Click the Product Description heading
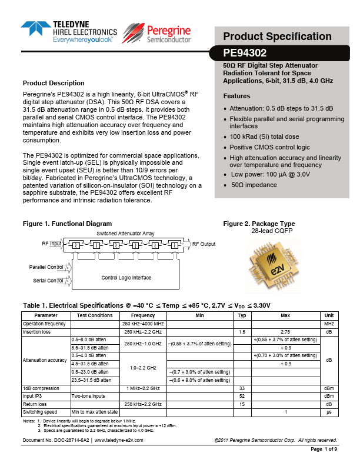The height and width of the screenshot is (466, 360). pyautogui.click(x=54, y=83)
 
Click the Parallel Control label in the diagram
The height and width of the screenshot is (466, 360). pyautogui.click(x=46, y=267)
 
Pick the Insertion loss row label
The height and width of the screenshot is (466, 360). pyautogui.click(x=36, y=332)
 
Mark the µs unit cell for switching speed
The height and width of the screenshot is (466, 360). pyautogui.click(x=329, y=411)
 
